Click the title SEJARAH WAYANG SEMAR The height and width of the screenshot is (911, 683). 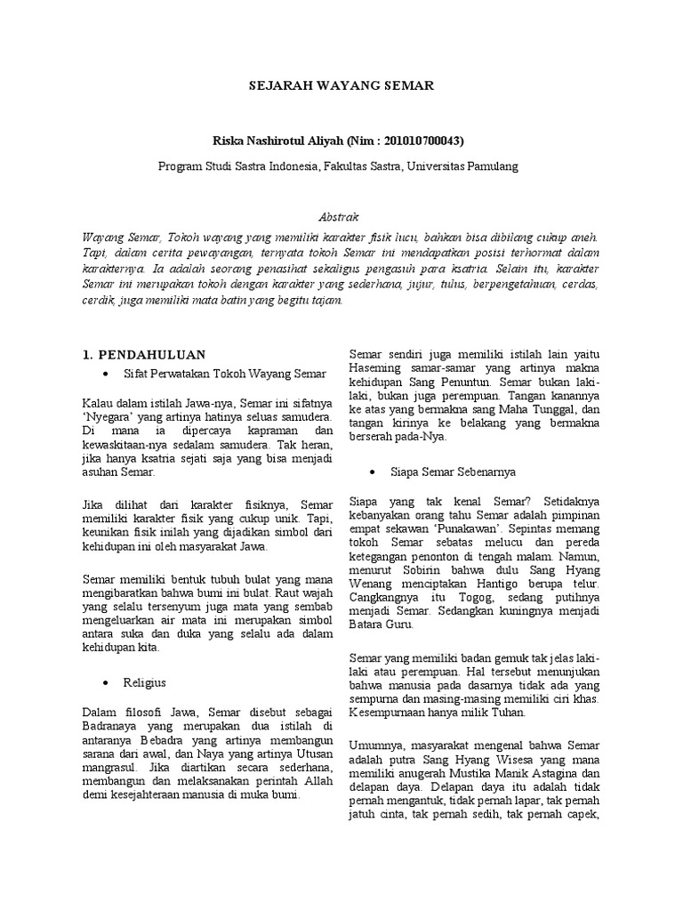pyautogui.click(x=341, y=86)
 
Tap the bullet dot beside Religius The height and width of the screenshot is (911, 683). pyautogui.click(x=107, y=682)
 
